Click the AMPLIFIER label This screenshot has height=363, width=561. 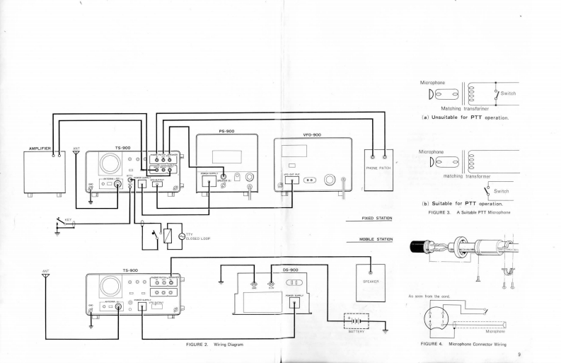40,149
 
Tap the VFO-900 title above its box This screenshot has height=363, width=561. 311,134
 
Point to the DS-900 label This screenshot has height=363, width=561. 290,270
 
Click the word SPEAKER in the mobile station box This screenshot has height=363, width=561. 370,281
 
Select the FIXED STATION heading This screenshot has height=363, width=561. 377,219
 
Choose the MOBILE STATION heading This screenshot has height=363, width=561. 376,239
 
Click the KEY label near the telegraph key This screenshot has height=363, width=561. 68,219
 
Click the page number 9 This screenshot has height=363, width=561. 519,354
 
